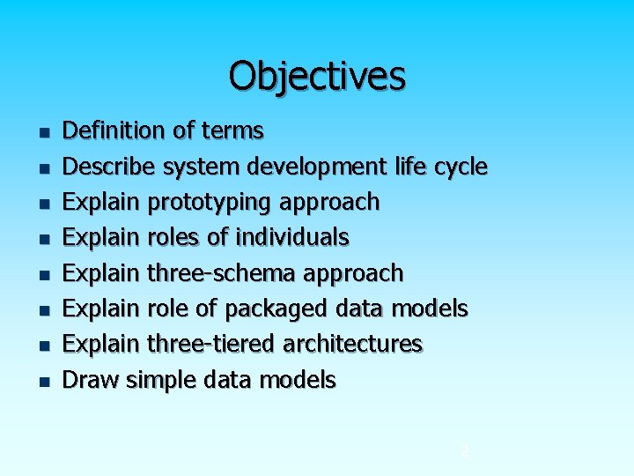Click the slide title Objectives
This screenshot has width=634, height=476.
click(317, 76)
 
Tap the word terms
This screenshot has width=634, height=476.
click(232, 131)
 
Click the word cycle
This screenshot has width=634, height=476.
click(459, 167)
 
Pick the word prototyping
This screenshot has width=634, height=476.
click(210, 202)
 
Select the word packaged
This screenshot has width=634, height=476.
click(277, 309)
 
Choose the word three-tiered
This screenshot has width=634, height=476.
click(210, 344)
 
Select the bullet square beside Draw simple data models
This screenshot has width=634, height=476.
click(42, 383)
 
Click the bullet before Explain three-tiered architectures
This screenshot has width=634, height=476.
click(42, 346)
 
